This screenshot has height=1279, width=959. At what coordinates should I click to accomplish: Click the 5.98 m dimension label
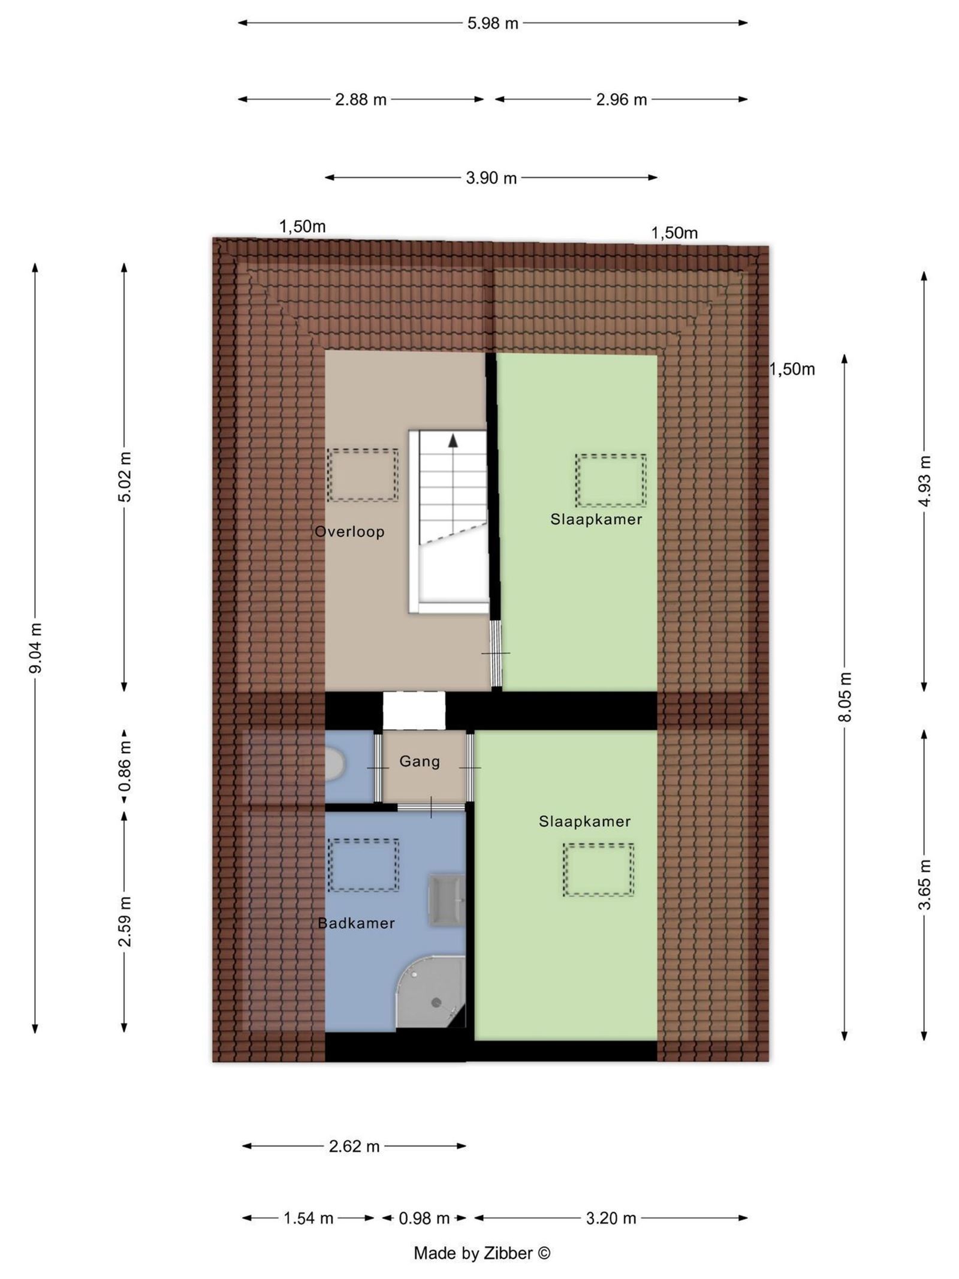(492, 23)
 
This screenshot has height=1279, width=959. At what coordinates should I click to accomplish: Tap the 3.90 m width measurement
(491, 178)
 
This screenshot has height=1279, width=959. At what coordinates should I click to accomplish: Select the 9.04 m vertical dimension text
(36, 648)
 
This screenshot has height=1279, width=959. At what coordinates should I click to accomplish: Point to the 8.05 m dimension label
(845, 697)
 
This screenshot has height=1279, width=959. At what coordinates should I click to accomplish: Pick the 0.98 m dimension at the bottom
(424, 1218)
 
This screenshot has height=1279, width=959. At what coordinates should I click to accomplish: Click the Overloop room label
(349, 532)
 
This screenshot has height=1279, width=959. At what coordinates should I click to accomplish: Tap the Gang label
(420, 762)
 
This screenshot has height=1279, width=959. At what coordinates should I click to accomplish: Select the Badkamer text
(356, 923)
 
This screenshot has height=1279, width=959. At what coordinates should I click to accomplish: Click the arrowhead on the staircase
(453, 441)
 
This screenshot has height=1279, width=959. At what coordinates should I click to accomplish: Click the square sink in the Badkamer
(447, 901)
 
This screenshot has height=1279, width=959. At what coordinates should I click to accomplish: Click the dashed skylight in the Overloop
(363, 475)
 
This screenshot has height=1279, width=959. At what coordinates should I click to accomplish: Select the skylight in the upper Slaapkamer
(611, 480)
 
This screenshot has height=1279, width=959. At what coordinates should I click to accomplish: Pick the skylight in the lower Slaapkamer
(598, 869)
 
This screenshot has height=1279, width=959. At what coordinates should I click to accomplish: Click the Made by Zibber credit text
(482, 1253)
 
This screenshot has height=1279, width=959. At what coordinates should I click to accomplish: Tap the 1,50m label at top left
(302, 227)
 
